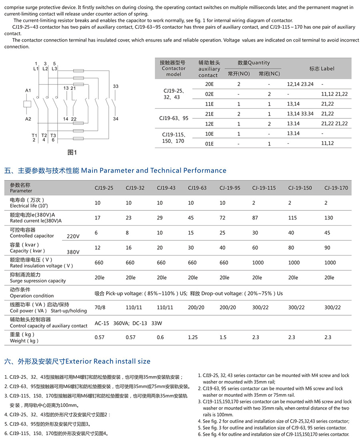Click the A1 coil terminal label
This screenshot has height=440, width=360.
pos(28,91)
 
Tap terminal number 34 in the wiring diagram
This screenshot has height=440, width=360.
pos(116,119)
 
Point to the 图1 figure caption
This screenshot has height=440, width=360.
pos(72,152)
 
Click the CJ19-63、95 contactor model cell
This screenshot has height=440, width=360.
pos(174,118)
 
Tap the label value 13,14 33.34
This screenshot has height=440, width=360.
pos(300,114)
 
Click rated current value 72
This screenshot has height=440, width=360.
pos(223,218)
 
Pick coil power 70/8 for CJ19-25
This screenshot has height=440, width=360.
pos(100,307)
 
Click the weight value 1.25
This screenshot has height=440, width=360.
pos(193,337)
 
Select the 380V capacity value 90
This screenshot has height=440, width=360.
pos(328,248)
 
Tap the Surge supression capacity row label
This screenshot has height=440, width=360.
pos(38,280)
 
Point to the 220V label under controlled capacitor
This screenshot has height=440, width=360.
pos(73,236)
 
